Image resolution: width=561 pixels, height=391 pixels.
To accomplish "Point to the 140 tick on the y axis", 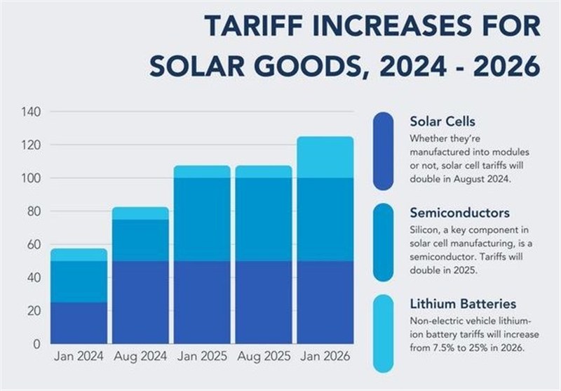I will pyautogui.click(x=32, y=112).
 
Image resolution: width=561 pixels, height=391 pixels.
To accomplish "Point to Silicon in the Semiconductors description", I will pyautogui.click(x=426, y=230).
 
